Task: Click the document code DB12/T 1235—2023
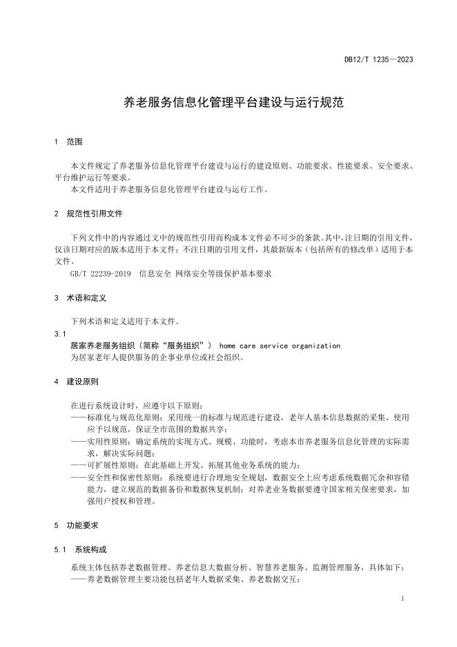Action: [x=379, y=59]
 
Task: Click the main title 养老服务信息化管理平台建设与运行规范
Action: [x=228, y=103]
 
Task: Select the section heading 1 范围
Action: [x=68, y=142]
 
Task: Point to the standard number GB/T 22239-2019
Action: [x=100, y=274]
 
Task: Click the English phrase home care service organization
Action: [x=280, y=346]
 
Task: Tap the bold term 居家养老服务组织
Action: [x=104, y=346]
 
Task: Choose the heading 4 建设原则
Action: [x=79, y=381]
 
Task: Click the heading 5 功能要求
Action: [x=79, y=525]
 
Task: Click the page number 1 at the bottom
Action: [x=402, y=599]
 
